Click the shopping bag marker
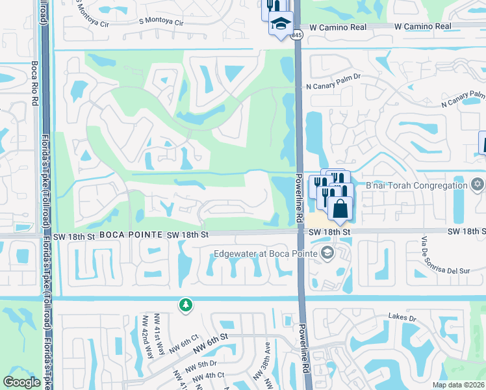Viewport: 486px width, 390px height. pos(340,209)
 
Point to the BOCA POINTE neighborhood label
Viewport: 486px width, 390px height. pos(131,234)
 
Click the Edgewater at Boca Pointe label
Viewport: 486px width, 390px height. pos(267,253)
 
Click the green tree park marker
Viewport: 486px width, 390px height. pos(186,305)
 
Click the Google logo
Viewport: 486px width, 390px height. pos(22,382)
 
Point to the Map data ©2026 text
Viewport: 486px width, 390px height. pos(459,385)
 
